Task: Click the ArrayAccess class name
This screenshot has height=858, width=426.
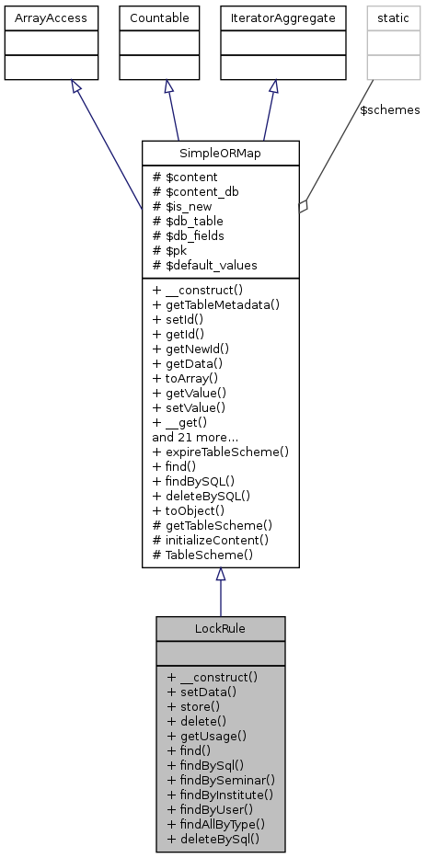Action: tap(40, 17)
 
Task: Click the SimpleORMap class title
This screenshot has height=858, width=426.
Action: tap(220, 153)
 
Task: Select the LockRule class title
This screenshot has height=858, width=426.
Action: tap(220, 628)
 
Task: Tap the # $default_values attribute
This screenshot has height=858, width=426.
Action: tap(205, 265)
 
